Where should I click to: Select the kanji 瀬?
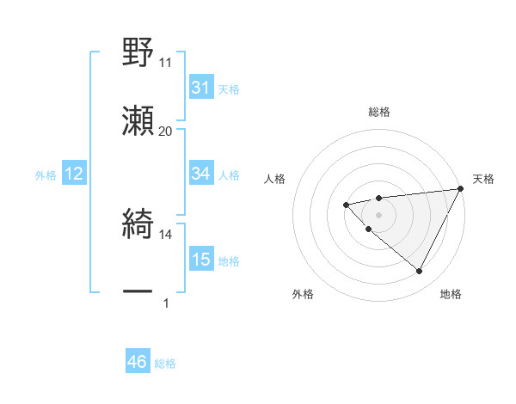(x=138, y=122)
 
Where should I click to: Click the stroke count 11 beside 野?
(x=166, y=62)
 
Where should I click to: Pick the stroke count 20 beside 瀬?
(x=166, y=131)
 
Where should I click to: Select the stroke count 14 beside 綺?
(x=166, y=234)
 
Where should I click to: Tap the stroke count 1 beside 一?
(x=166, y=303)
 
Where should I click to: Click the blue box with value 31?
(x=201, y=88)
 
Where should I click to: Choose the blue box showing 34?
(x=201, y=174)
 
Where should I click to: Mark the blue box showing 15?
(x=201, y=260)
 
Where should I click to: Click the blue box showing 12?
(x=74, y=174)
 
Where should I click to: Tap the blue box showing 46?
(x=138, y=363)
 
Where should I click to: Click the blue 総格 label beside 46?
(x=165, y=364)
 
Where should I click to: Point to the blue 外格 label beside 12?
(x=46, y=174)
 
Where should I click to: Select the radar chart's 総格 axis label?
(x=378, y=112)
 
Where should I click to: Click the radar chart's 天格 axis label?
(x=483, y=179)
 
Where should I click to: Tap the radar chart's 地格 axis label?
(x=451, y=294)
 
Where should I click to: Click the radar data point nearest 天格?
(x=462, y=188)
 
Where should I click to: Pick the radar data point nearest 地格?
(x=419, y=272)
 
